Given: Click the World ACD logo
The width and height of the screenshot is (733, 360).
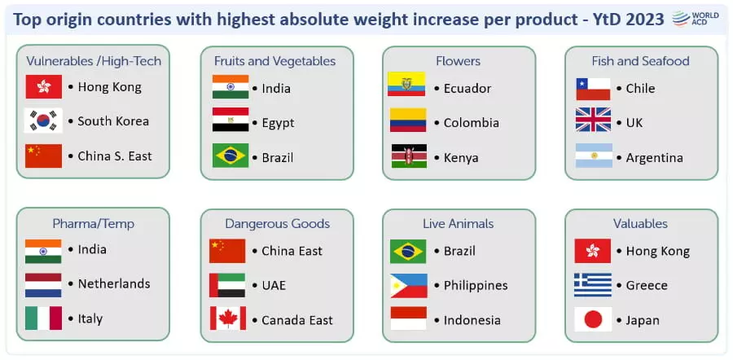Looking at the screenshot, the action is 696,18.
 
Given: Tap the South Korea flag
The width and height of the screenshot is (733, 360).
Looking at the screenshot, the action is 43,121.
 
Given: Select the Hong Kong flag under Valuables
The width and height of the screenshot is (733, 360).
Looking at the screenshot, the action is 593,251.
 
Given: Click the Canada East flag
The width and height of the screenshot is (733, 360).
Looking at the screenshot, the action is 228,318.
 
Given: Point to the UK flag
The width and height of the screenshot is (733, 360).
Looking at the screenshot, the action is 593,120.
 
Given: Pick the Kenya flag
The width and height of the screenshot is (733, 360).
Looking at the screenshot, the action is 409,156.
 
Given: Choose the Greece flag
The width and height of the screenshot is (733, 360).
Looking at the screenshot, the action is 593,285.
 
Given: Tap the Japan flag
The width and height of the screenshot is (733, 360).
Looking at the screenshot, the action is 593,319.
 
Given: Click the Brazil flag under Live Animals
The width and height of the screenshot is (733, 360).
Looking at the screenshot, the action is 408,252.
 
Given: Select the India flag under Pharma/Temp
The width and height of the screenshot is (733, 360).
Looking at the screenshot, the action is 43,251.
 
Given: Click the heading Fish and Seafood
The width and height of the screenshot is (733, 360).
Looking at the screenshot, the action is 640,61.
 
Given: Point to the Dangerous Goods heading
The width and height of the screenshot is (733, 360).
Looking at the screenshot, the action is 277,224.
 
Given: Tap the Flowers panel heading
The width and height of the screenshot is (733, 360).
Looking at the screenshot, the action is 458,61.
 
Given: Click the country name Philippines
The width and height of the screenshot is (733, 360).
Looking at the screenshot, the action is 476,285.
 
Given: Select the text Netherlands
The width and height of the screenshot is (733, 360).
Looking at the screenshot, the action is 113,283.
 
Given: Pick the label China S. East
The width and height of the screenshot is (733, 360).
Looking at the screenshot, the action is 115,156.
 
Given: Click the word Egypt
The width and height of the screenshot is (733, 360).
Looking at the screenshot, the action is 278,124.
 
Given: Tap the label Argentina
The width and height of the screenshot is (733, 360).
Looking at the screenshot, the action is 655,158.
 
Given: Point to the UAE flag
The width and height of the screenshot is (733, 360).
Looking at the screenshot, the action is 227,285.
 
